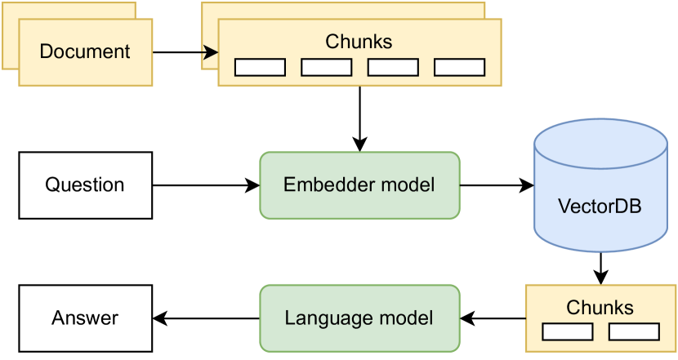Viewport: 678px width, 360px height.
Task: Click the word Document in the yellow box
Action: click(x=85, y=51)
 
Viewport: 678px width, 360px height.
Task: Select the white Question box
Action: click(x=85, y=184)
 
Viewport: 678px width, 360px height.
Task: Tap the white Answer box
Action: click(x=85, y=318)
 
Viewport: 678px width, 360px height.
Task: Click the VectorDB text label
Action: click(x=600, y=206)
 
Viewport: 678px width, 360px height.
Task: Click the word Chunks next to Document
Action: click(x=359, y=41)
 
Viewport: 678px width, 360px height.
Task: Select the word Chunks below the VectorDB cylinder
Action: click(x=600, y=308)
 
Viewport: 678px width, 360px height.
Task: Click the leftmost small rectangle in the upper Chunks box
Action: click(x=260, y=67)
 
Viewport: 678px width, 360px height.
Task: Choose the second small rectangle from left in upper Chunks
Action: click(x=326, y=67)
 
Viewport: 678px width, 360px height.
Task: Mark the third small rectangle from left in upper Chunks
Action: click(x=393, y=67)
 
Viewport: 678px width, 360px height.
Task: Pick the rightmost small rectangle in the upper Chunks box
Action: click(x=459, y=67)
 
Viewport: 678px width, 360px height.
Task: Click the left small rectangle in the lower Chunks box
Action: click(x=568, y=331)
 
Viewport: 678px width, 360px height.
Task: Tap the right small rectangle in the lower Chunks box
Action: click(x=634, y=331)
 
